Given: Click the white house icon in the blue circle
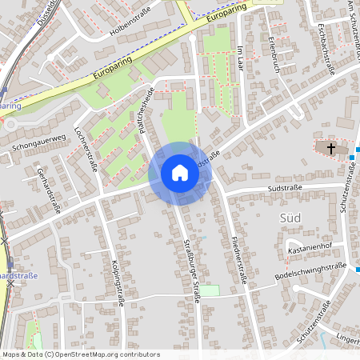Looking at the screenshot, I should click(x=180, y=172).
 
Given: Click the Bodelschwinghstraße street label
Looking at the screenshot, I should click(x=310, y=271).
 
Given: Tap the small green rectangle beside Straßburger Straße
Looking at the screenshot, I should click(x=209, y=290).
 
